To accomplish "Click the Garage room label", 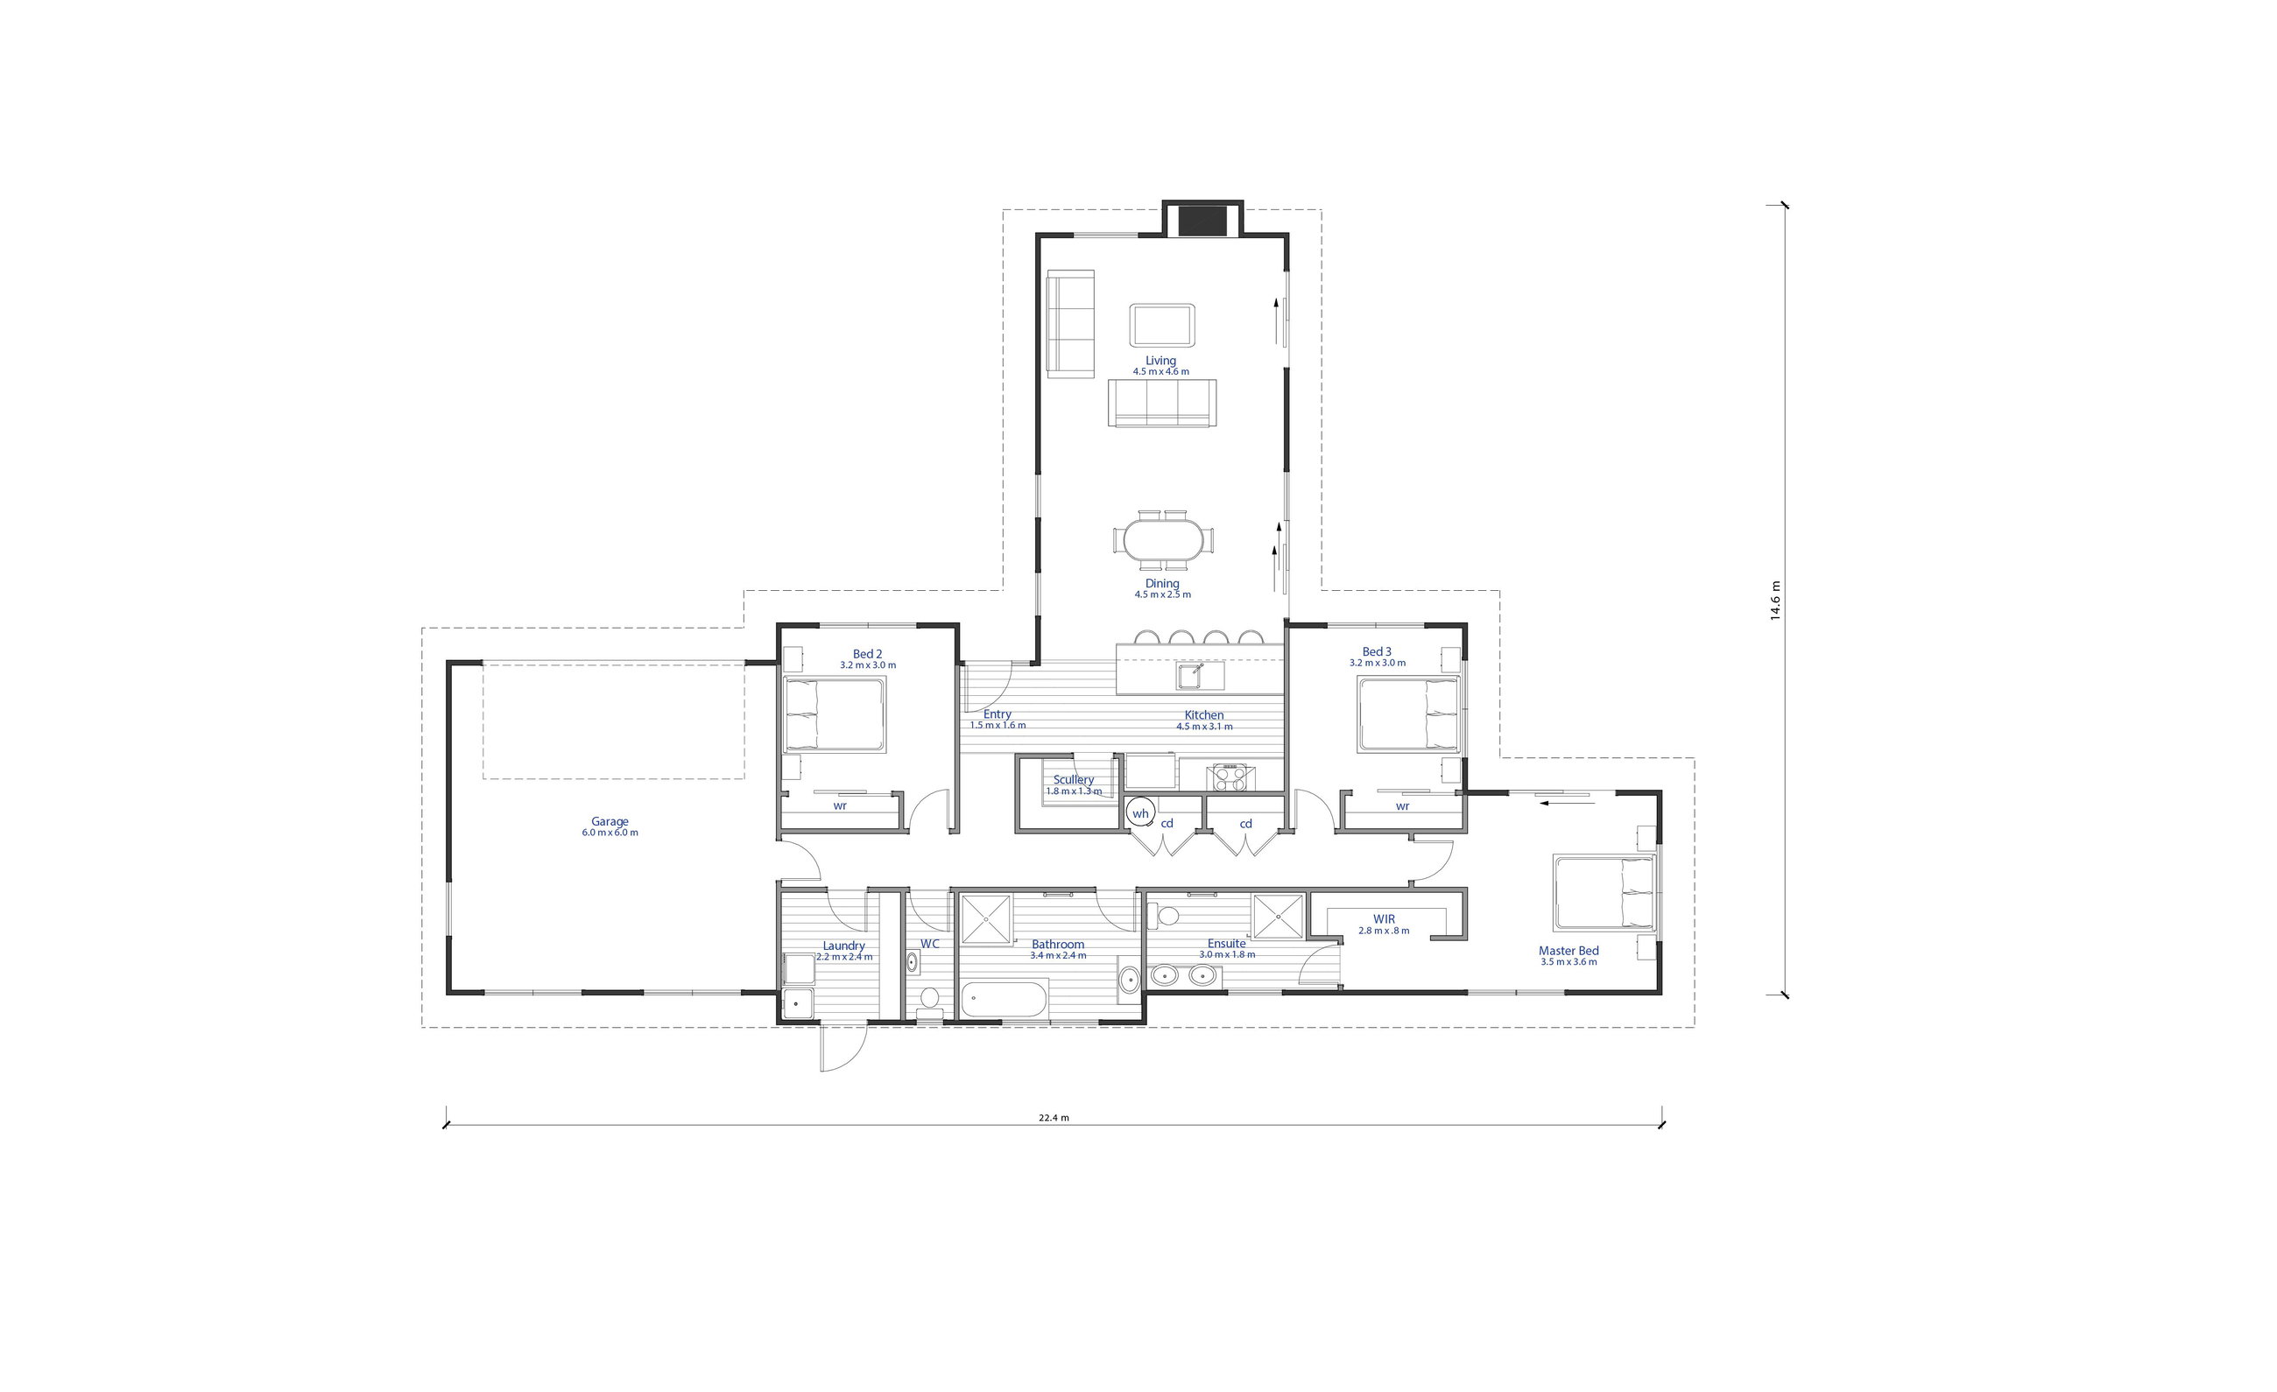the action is tap(610, 821).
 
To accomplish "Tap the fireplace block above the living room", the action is tap(1202, 220).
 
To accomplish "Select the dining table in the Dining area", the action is tap(1163, 539).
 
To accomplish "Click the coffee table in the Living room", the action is tap(1161, 325).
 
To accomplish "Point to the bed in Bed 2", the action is tap(835, 714).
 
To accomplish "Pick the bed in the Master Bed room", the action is tap(1604, 892).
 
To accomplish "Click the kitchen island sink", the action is tap(1201, 675).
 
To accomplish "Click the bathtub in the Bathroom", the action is tap(1004, 1001).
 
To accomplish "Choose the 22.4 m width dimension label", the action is tap(1054, 1118).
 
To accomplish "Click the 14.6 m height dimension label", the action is tap(1775, 601).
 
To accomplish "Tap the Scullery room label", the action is tap(1074, 779).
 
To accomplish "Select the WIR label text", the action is tap(1385, 919).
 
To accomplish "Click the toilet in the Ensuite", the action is tap(1165, 916).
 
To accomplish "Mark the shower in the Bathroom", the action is tap(986, 919).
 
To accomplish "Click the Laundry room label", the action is tap(843, 946).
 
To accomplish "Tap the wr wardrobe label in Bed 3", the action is tap(1403, 806).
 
